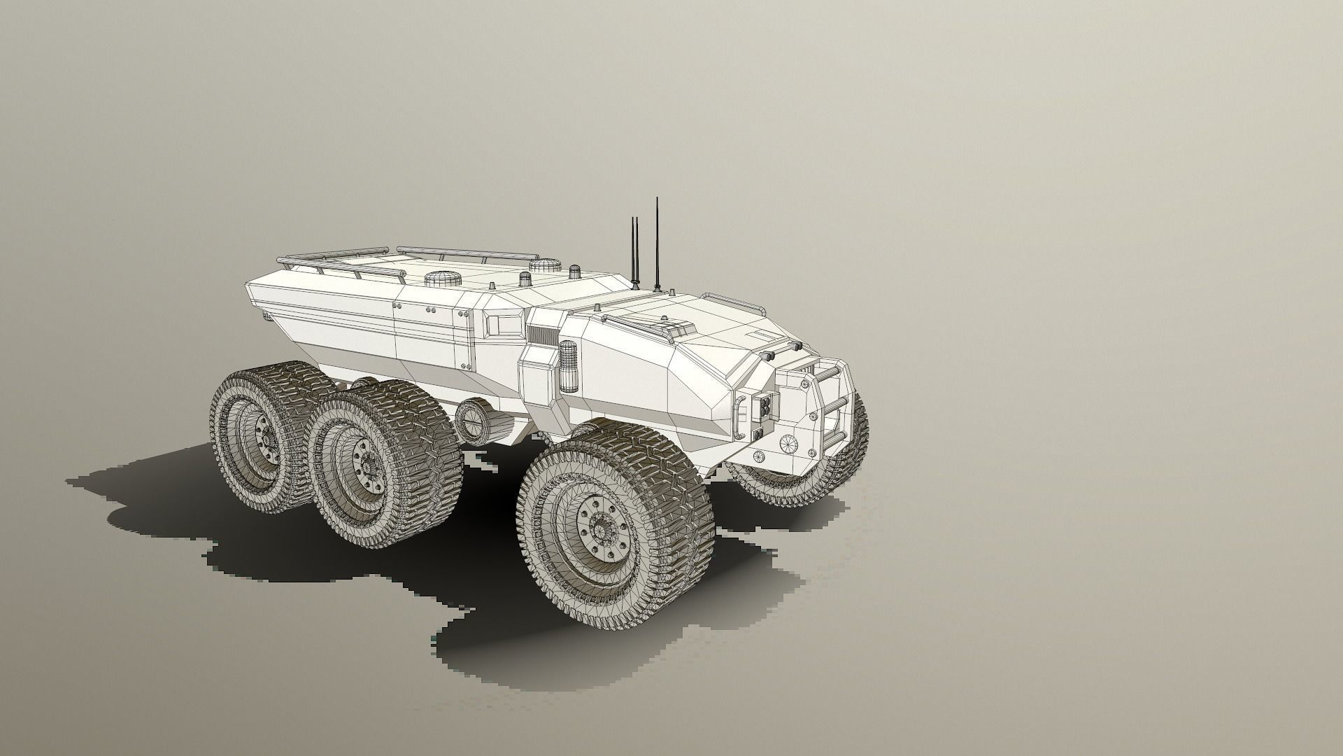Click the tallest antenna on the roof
657,245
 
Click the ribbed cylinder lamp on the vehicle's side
568,367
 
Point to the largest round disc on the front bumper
788,443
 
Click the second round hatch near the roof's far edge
545,266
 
